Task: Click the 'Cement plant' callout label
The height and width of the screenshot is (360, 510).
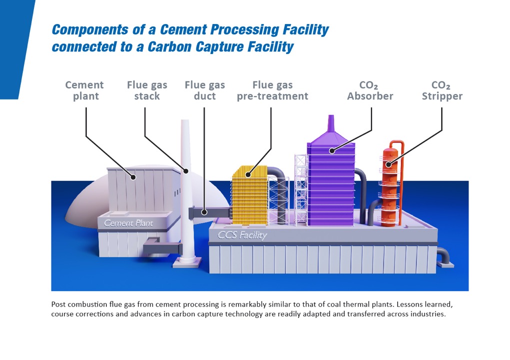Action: [x=84, y=90]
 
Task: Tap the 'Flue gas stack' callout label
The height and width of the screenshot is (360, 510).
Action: [x=147, y=90]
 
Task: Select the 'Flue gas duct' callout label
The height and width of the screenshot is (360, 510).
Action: [x=205, y=90]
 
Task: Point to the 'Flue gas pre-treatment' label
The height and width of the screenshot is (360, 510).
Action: [x=272, y=90]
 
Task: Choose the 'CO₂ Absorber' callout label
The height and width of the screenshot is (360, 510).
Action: [x=370, y=90]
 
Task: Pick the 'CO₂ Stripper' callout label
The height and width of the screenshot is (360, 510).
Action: [x=442, y=90]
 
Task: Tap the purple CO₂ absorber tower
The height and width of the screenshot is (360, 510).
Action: [x=330, y=185]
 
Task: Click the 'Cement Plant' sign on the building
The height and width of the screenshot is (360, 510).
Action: [x=128, y=223]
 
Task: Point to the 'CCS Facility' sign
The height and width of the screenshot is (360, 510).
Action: [x=242, y=235]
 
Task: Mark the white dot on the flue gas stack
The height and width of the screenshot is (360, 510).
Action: [x=186, y=171]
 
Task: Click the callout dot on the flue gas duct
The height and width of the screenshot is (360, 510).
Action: [x=204, y=212]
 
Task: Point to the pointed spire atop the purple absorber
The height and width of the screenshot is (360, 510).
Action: [x=331, y=125]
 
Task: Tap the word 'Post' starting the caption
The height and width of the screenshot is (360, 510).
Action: [x=58, y=304]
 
